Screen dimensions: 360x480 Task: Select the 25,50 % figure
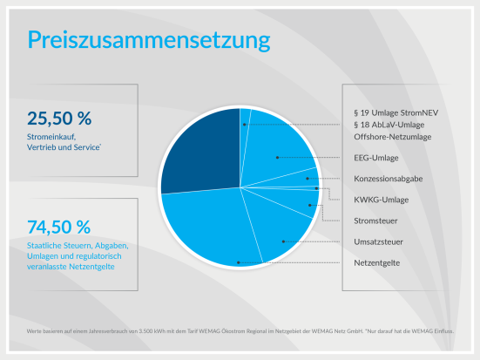coord(59,119)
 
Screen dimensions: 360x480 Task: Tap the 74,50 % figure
coord(59,228)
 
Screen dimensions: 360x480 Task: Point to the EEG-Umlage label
coord(376,158)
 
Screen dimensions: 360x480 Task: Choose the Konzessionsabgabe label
coord(389,179)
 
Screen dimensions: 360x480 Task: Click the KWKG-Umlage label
coord(382,200)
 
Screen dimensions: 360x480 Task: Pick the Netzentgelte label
coord(377,262)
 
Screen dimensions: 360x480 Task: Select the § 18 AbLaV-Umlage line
coord(392,126)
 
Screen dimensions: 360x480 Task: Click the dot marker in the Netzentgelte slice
coord(238,262)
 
